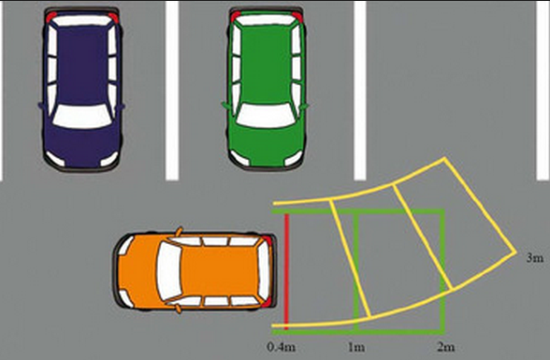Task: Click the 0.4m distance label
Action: [x=281, y=347]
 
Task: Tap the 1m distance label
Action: [x=356, y=347]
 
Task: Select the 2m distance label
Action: [x=446, y=347]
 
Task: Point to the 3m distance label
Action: [x=535, y=258]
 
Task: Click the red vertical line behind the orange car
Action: [x=286, y=271]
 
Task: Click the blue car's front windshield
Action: [x=82, y=116]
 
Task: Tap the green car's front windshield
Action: [x=266, y=115]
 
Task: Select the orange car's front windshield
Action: [x=168, y=271]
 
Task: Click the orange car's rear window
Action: [x=264, y=271]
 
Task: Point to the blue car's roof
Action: [x=82, y=65]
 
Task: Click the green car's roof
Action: [x=266, y=65]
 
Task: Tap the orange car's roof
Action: [x=219, y=271]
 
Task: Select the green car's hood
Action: [x=266, y=144]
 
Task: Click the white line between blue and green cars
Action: [x=172, y=90]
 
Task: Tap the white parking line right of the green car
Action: [x=360, y=90]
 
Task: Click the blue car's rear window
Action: [x=82, y=21]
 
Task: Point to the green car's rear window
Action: [x=266, y=20]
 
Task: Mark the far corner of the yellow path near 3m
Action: [x=515, y=252]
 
